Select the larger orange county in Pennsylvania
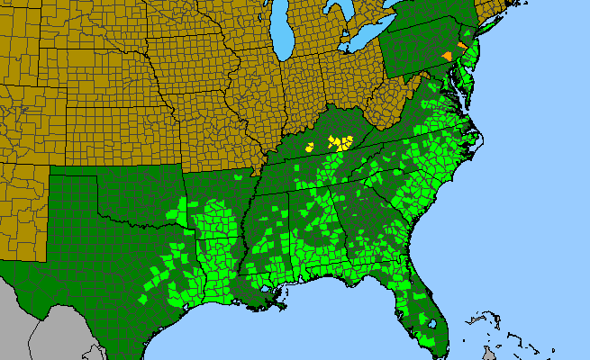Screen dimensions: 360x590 pos(448,55)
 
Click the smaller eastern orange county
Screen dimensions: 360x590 pos(462,44)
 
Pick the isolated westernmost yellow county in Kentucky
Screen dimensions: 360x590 pos(310,146)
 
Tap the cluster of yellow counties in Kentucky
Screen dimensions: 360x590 pos(340,142)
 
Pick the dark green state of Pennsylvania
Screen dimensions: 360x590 pos(419,49)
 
